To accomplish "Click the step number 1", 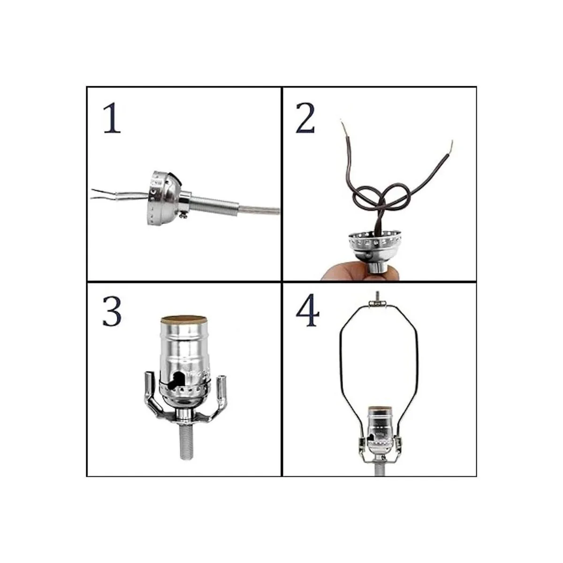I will tap(112, 119).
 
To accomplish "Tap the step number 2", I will tap(305, 119).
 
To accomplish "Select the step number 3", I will tap(112, 312).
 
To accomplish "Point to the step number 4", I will tap(308, 312).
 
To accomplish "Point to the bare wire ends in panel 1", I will tap(99, 194).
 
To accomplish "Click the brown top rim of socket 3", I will tap(183, 320).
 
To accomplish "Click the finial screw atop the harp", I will tap(376, 297).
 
